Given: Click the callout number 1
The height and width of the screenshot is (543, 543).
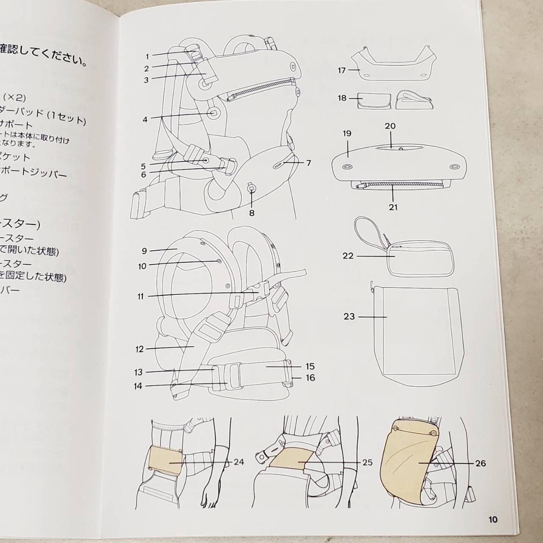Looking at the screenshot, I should click(x=147, y=56).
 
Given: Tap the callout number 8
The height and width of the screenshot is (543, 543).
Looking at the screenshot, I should click(x=252, y=213).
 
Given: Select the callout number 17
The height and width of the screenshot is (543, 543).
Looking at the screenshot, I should click(x=342, y=70).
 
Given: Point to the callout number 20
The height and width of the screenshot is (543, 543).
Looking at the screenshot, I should click(x=390, y=126).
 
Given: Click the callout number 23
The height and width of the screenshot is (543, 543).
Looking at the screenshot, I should click(x=349, y=316).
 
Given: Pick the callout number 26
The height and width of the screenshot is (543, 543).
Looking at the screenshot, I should click(x=480, y=463).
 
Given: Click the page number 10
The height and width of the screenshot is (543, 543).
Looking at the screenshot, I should click(x=493, y=519).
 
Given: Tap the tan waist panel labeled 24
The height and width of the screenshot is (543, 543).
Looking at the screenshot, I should click(x=166, y=461).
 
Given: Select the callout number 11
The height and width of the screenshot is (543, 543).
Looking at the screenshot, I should click(x=140, y=297).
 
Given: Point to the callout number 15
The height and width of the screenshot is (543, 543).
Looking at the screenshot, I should click(x=310, y=366).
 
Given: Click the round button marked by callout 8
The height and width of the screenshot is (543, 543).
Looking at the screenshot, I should click(x=252, y=187).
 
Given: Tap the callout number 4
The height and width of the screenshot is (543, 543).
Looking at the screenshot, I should click(x=145, y=120).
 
